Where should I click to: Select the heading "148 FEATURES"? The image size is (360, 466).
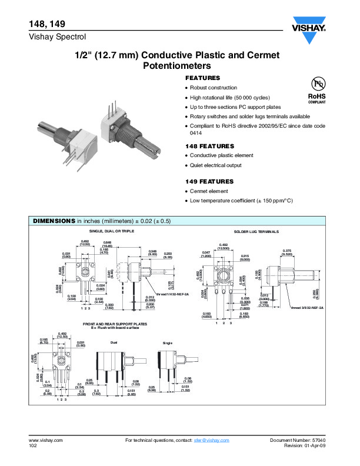click(x=209, y=146)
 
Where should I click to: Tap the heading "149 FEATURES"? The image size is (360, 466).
click(x=209, y=182)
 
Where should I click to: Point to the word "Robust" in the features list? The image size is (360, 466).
click(x=200, y=88)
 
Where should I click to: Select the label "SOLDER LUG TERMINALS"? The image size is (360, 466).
click(x=256, y=232)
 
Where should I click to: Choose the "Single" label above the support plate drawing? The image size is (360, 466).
click(x=167, y=342)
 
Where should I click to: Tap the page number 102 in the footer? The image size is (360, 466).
click(x=33, y=447)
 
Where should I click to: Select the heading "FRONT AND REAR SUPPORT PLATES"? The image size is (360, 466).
click(x=116, y=324)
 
